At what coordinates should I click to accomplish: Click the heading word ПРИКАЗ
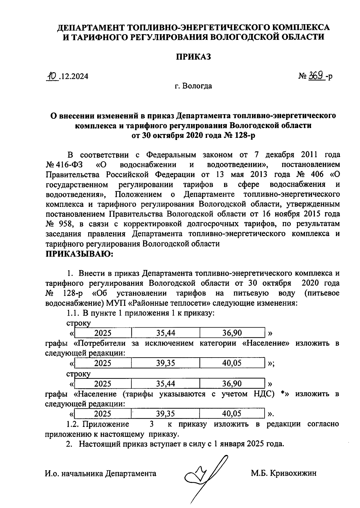[193, 57]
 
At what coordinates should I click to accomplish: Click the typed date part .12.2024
[74, 76]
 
